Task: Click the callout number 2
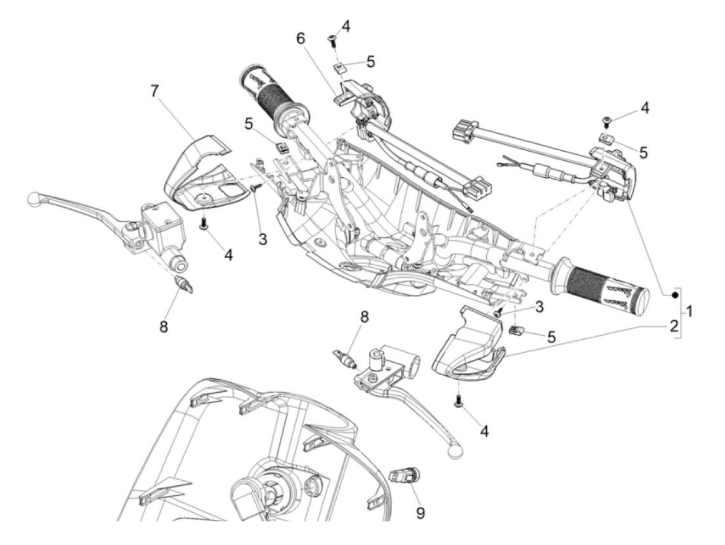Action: [x=673, y=326]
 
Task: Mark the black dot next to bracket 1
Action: [x=675, y=295]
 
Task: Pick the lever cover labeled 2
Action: [x=466, y=347]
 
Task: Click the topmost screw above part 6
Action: [x=331, y=39]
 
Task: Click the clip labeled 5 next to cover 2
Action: [x=516, y=330]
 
